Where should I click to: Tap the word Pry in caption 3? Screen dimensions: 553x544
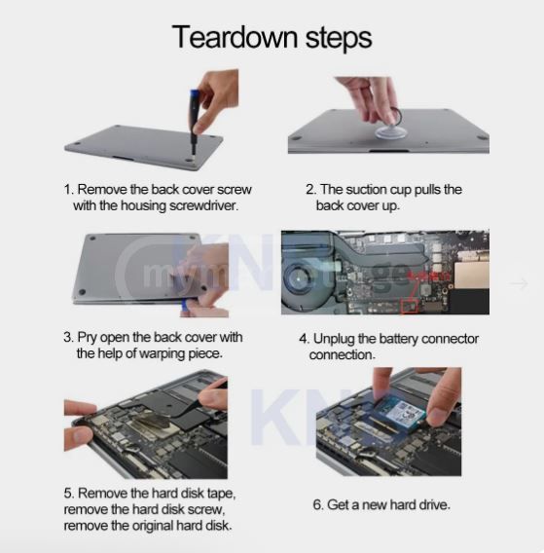[90, 337]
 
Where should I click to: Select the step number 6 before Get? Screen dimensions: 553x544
[318, 504]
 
